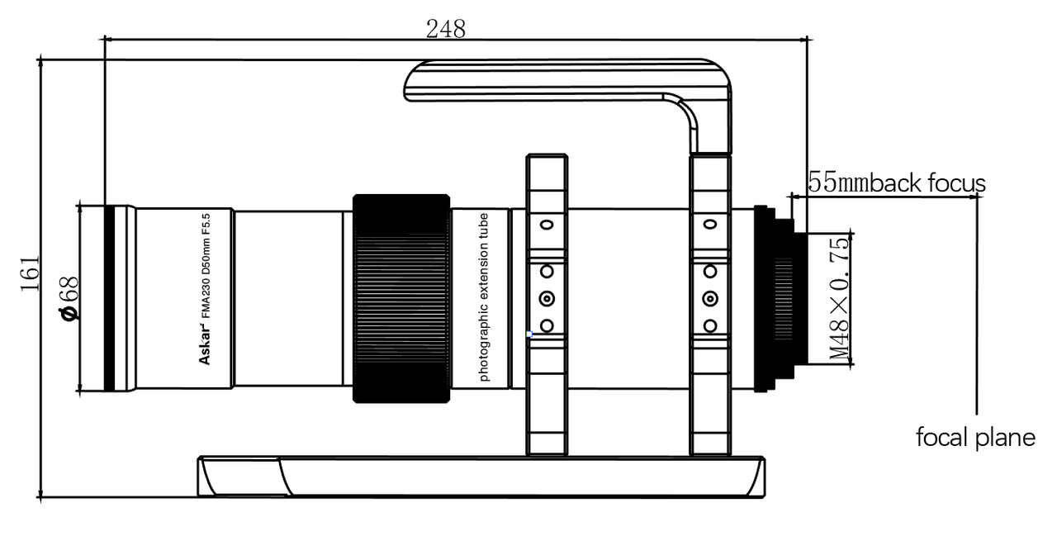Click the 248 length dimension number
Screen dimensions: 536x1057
point(445,29)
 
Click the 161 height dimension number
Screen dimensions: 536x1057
point(29,273)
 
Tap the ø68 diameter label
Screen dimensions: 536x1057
point(69,298)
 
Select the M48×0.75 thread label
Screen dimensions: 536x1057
point(840,298)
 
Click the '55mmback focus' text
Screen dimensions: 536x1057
point(896,183)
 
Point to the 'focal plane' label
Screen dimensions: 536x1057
point(975,437)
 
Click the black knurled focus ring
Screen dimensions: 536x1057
point(401,298)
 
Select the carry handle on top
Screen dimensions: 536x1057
point(570,79)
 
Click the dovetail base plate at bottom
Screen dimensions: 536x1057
point(479,476)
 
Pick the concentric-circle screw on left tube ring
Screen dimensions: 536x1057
point(546,298)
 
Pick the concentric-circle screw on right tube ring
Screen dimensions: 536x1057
point(710,298)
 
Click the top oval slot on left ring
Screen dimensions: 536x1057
point(546,225)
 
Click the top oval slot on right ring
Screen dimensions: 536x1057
point(710,225)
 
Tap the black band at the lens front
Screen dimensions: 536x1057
point(110,298)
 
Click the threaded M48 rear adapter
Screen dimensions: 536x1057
point(789,298)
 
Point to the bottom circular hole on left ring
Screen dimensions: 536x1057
point(546,325)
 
